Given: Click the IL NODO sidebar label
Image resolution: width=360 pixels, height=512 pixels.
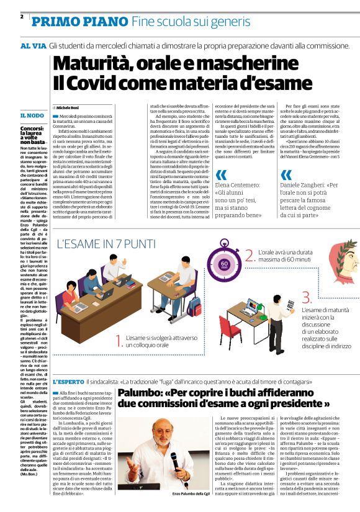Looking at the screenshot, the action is coord(32,115).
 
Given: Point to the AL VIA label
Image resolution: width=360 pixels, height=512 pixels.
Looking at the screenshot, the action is coord(33,47).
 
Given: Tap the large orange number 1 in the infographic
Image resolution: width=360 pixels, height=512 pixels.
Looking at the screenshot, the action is coord(120,338).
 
